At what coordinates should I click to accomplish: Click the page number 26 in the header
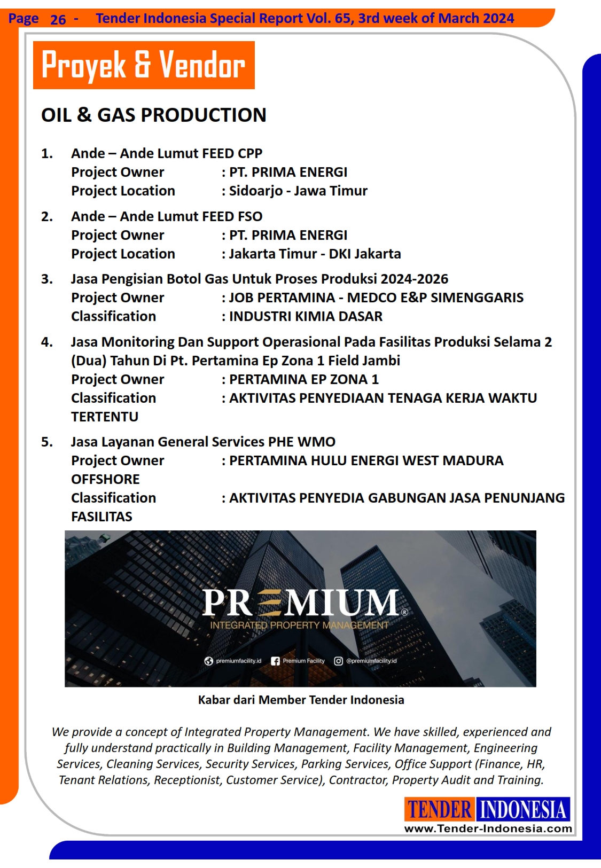point(58,20)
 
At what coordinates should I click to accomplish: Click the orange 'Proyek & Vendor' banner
point(144,65)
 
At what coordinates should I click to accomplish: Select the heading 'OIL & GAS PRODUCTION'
point(154,115)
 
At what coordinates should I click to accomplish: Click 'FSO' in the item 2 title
point(250,216)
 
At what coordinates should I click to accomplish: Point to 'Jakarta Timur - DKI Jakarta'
point(315,254)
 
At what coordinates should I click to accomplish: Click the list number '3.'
point(47,279)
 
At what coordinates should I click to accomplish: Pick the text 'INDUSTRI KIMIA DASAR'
point(306,316)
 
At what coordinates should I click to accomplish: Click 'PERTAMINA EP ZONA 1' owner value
point(303,379)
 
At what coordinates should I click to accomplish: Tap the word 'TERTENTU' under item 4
point(105,417)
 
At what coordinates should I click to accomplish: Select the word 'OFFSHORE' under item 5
point(105,479)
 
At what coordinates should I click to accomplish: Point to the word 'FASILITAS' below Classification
point(102,517)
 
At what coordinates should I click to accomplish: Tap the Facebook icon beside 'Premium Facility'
point(275,661)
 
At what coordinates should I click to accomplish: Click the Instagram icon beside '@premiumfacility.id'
point(338,661)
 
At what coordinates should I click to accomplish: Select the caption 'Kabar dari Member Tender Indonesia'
point(301,700)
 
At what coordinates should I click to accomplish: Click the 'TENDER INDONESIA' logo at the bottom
point(487,809)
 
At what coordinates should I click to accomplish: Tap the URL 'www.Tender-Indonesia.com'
point(488,828)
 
